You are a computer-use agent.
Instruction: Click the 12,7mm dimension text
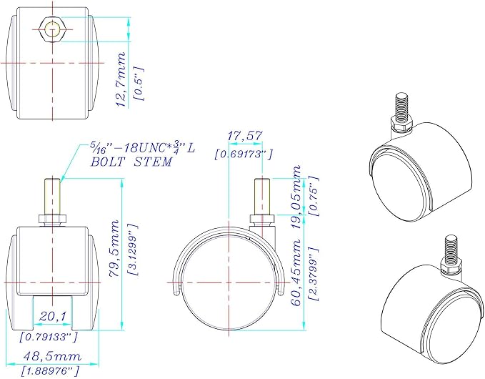tap(121, 79)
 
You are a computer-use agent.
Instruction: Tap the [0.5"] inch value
tap(139, 83)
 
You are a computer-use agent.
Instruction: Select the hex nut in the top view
tap(52, 29)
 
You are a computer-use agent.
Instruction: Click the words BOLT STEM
tap(131, 162)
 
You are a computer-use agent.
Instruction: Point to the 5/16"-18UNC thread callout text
tap(143, 148)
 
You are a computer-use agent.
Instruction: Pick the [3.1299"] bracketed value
tap(132, 250)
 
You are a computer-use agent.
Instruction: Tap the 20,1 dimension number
tap(53, 317)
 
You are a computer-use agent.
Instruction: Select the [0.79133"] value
tap(48, 337)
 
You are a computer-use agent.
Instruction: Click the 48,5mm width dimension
tap(52, 356)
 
